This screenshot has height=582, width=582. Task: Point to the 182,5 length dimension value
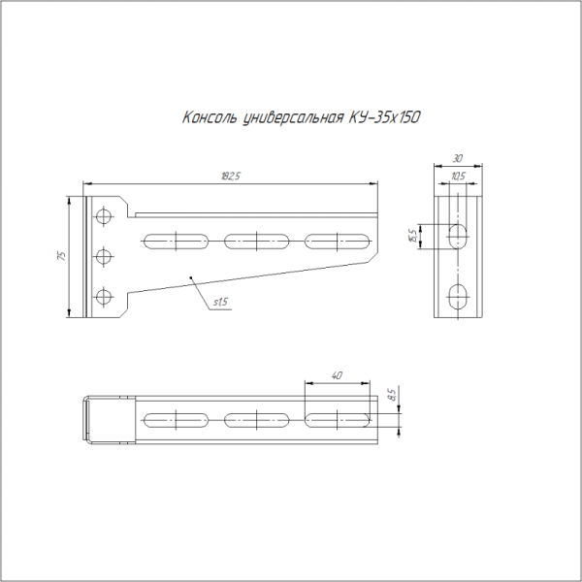(x=230, y=176)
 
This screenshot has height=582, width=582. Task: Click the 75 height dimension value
(x=61, y=256)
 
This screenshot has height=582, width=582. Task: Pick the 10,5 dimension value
(x=458, y=176)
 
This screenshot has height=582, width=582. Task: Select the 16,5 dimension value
(x=412, y=235)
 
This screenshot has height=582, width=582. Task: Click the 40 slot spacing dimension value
(x=336, y=374)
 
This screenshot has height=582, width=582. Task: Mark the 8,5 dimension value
(x=390, y=395)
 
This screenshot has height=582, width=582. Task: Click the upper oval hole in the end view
(x=458, y=235)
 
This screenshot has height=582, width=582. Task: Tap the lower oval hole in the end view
(x=458, y=295)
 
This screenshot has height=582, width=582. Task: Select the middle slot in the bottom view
(x=256, y=419)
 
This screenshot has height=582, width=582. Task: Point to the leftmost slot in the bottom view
(x=176, y=419)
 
